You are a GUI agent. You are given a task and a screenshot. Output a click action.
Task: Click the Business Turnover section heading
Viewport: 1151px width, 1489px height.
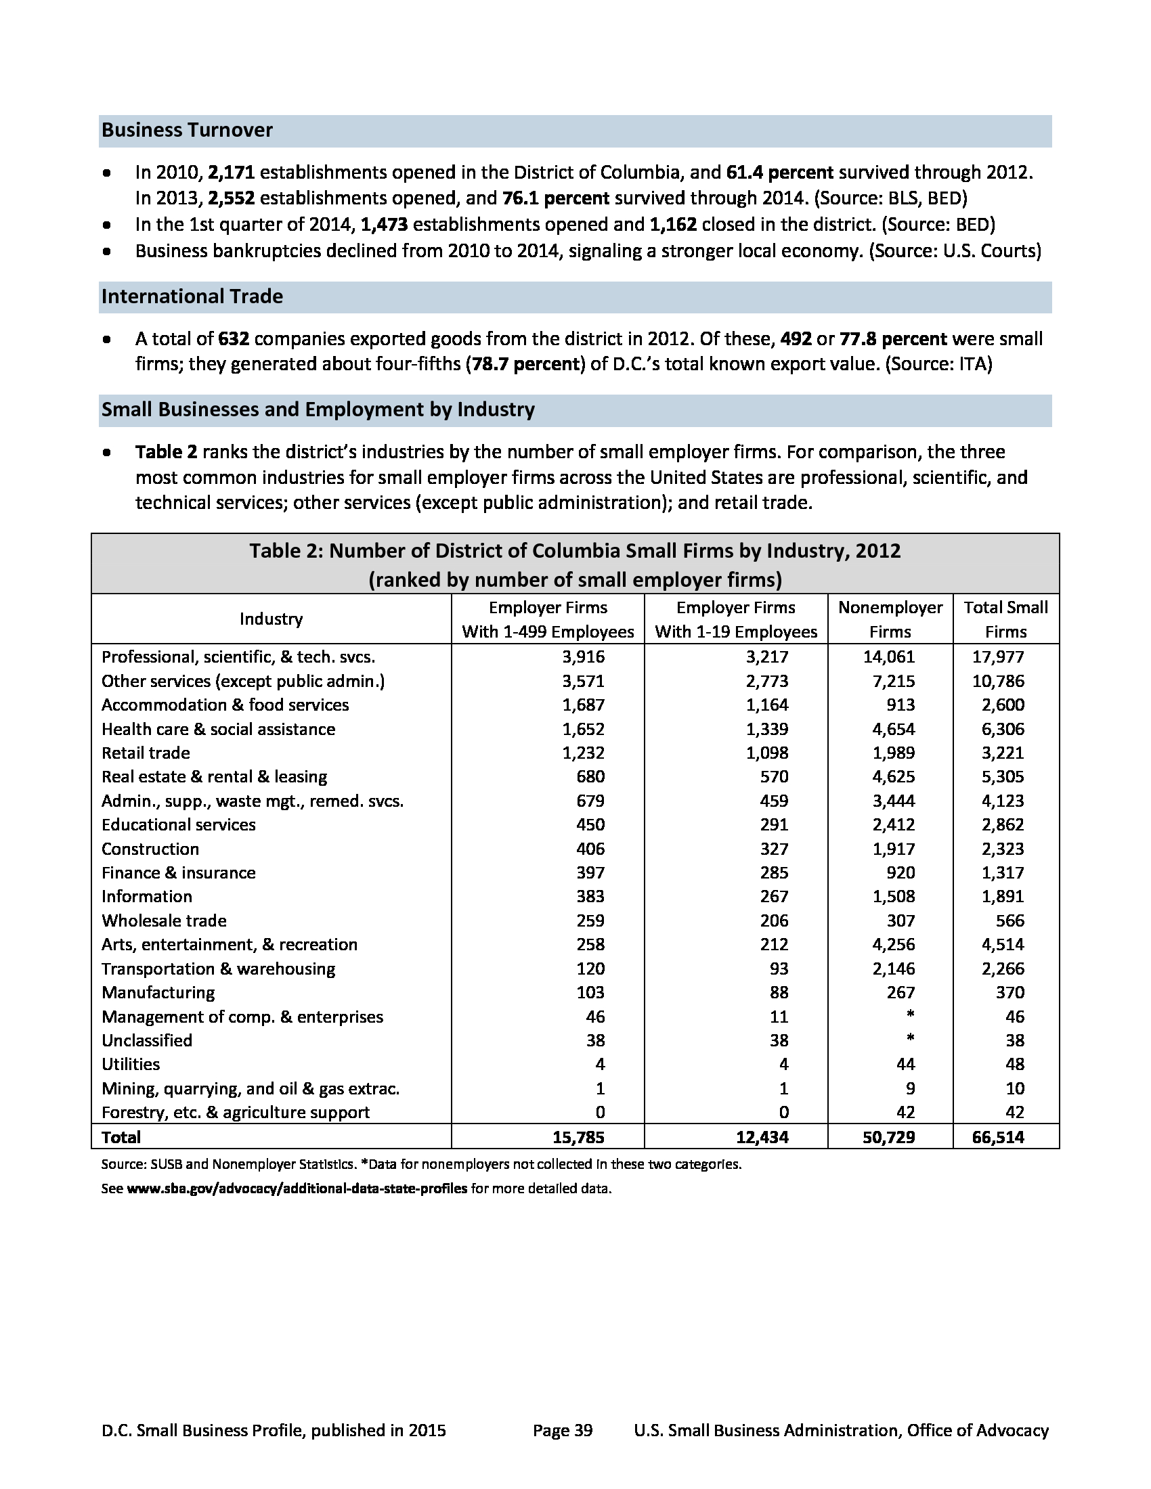187,130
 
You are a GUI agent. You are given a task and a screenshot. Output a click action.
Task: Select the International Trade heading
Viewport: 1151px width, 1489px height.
192,296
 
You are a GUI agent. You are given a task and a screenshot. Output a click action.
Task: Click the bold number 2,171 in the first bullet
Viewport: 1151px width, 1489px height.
231,173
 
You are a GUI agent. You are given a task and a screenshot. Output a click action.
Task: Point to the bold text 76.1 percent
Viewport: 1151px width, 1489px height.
555,198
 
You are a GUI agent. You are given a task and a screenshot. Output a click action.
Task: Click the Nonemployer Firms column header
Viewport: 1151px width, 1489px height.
890,619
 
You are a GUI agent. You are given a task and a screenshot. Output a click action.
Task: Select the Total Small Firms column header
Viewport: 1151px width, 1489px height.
1005,619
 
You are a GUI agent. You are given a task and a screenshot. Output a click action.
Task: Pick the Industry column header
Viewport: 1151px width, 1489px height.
271,619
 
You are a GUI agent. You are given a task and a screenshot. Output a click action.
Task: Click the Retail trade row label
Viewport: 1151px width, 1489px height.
146,753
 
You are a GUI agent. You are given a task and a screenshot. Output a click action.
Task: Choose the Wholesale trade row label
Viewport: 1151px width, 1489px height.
164,921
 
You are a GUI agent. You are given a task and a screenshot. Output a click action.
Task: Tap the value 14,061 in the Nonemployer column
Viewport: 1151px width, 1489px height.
893,657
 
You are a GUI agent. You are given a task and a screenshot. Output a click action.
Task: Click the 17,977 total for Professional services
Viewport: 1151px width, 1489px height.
997,657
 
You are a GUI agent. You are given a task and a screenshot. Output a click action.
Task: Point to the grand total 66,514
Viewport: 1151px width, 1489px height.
997,1137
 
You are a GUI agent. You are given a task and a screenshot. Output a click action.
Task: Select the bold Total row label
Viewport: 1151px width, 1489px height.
121,1137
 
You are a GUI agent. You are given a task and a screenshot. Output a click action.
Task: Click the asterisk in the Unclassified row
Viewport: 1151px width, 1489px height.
910,1038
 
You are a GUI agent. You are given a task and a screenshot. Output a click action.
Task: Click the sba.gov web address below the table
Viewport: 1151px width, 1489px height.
297,1188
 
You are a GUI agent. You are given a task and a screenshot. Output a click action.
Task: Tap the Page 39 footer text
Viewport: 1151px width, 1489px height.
563,1430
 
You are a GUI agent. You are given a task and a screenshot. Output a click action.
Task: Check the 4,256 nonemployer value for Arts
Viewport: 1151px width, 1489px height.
893,945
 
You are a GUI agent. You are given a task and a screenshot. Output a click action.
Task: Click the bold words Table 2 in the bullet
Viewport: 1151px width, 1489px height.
167,452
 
